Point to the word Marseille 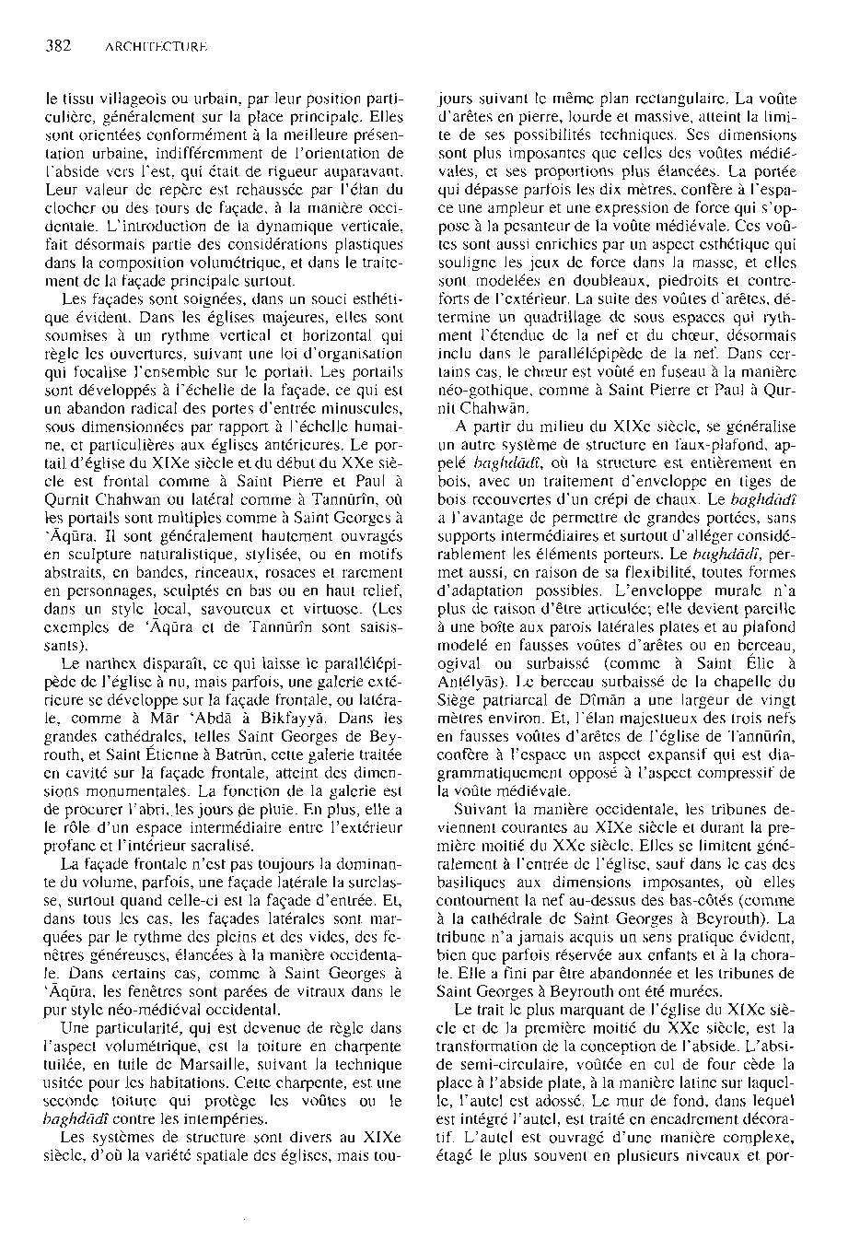point(212,1057)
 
